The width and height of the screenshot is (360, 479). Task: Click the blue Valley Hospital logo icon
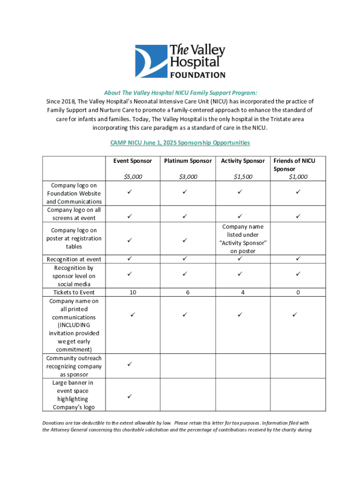point(151,61)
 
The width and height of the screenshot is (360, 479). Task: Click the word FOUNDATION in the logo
point(197,75)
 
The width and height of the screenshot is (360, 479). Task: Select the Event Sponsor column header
point(132,161)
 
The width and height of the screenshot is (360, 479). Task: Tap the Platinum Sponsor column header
point(187,161)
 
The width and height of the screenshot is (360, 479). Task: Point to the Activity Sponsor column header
point(243,161)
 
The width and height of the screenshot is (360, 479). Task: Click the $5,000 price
point(133,177)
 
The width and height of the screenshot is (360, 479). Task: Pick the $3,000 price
point(188,177)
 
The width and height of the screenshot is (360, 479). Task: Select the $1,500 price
point(243,177)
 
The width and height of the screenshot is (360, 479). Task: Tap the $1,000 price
point(298,177)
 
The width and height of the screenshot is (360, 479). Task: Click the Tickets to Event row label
point(74,292)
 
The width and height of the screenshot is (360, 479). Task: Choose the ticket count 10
point(133,292)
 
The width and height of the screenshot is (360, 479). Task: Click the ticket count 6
point(188,292)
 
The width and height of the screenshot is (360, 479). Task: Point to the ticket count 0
point(298,292)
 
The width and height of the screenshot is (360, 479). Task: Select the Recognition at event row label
point(74,259)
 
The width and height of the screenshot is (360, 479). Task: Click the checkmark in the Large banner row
point(130,396)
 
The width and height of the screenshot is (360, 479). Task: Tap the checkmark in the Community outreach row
point(130,363)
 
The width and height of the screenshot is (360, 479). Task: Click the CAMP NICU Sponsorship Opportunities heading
point(180,142)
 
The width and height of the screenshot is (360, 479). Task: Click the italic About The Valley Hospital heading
point(180,93)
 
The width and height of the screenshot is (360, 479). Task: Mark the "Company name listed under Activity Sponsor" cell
point(243,239)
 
